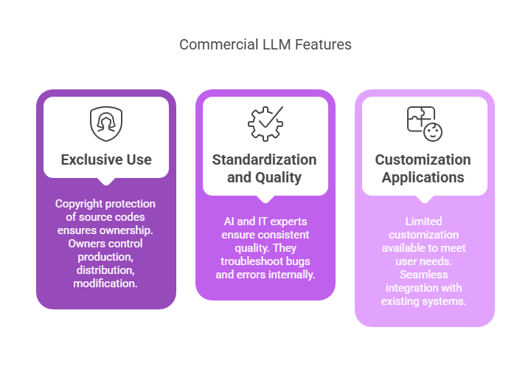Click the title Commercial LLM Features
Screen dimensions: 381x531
[265, 44]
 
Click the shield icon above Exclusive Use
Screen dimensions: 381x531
[106, 124]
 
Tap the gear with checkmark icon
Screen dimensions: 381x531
[265, 124]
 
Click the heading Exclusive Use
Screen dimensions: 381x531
[106, 159]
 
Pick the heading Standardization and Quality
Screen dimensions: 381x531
[265, 168]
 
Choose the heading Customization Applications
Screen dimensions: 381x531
[423, 168]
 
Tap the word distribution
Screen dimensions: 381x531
[106, 270]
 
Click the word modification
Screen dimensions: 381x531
[106, 284]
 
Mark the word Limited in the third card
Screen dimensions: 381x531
[424, 222]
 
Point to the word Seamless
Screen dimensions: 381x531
[424, 275]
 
